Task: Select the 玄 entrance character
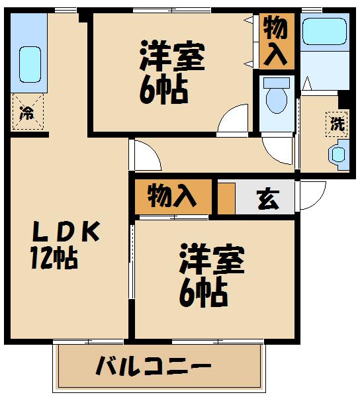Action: click(x=267, y=199)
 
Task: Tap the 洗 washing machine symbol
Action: click(x=337, y=124)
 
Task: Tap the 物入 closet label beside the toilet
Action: click(x=275, y=40)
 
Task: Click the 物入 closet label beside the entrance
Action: click(x=172, y=197)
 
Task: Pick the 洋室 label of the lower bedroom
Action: click(x=212, y=260)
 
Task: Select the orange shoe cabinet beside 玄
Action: click(x=226, y=197)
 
